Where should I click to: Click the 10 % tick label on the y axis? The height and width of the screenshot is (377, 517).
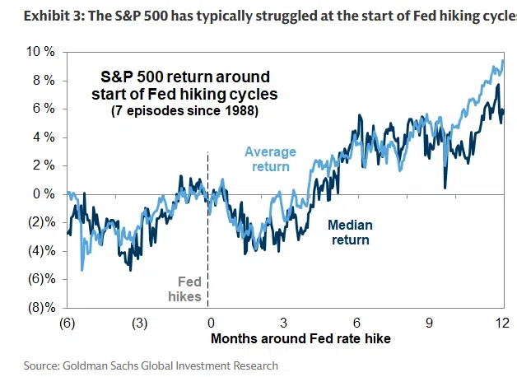[40, 52]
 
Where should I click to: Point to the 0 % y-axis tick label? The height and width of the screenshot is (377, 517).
[44, 194]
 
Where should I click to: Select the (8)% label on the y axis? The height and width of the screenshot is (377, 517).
[42, 308]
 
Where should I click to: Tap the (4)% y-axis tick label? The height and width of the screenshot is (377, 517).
[42, 251]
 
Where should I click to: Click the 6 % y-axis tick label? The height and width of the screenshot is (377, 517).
[44, 109]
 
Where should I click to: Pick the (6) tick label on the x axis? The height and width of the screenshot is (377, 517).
[68, 323]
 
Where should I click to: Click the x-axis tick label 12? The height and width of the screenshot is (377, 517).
[502, 323]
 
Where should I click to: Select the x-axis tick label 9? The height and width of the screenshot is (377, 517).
[429, 323]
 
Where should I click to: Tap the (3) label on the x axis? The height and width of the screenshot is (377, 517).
[140, 323]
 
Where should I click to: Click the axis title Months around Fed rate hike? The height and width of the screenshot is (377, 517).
[300, 338]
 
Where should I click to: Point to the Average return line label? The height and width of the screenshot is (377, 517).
[270, 159]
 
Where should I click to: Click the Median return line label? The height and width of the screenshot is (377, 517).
[350, 232]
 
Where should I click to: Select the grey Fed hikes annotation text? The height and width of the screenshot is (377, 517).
[184, 289]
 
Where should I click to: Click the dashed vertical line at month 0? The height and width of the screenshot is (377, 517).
[207, 230]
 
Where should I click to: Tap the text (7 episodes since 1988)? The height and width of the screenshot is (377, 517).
[184, 111]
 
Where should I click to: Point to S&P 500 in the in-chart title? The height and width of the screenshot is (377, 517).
[132, 77]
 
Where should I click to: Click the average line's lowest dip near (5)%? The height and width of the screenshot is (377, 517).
[82, 270]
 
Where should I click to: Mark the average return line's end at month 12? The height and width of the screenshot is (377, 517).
[504, 61]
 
